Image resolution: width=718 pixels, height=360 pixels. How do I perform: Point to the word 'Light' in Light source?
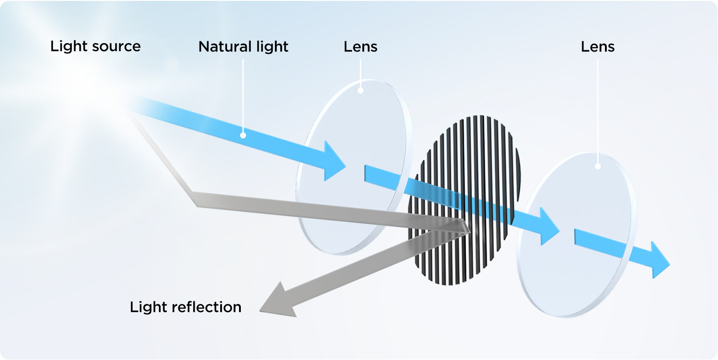coord(69,47)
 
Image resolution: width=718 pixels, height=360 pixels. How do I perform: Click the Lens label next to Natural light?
coord(361,47)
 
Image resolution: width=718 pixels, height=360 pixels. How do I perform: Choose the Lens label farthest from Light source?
coord(597,47)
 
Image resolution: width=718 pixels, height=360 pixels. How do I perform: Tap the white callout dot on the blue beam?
coord(243,135)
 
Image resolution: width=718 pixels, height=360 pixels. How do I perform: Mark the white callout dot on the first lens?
coord(361,91)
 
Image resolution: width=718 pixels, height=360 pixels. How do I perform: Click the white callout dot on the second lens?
coord(597,166)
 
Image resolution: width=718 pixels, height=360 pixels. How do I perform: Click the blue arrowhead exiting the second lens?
coord(659,260)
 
